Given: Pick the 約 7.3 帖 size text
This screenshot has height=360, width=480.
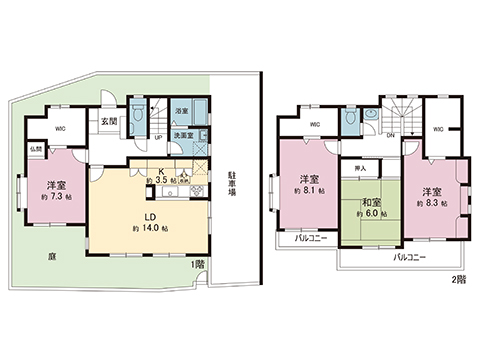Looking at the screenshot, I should (x=56, y=199).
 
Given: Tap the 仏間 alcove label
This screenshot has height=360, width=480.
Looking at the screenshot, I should (x=35, y=149).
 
